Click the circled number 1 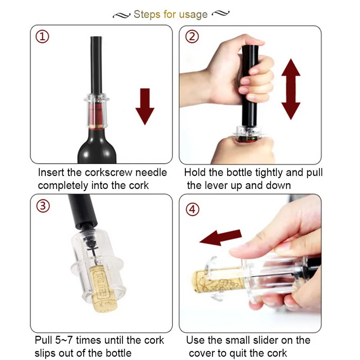(x=42, y=37)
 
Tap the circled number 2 (x=192, y=37)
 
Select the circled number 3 (x=43, y=206)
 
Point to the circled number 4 (x=193, y=209)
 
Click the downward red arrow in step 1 (x=145, y=107)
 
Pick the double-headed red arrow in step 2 (x=291, y=89)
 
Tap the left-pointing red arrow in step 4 (x=220, y=238)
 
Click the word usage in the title (x=193, y=15)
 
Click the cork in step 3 (x=103, y=289)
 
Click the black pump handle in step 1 (x=96, y=65)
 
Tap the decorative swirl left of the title (x=121, y=15)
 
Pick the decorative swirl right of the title (x=220, y=13)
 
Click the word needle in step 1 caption (x=151, y=172)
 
